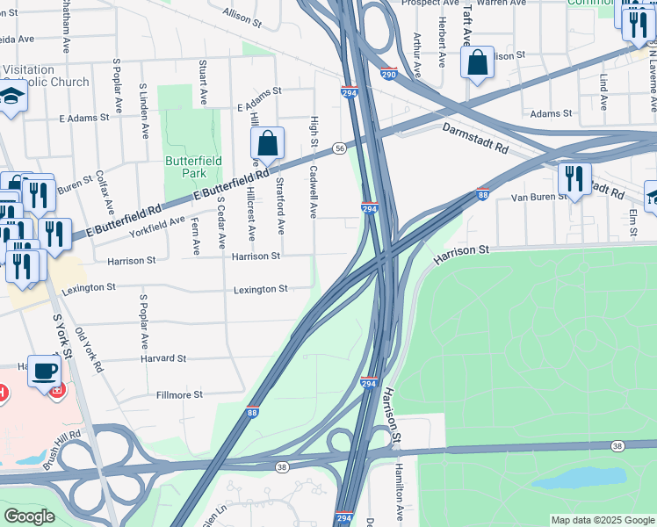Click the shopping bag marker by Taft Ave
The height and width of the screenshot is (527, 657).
point(477,63)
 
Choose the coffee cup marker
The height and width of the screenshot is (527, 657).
point(44,371)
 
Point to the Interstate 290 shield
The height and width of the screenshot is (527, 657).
point(389,76)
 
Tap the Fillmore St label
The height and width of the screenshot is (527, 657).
point(179,395)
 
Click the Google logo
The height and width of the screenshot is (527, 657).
point(29,516)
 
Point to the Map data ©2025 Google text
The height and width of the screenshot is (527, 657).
point(602,520)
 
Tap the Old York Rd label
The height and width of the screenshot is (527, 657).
point(90,350)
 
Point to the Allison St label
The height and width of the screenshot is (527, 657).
point(242,15)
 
